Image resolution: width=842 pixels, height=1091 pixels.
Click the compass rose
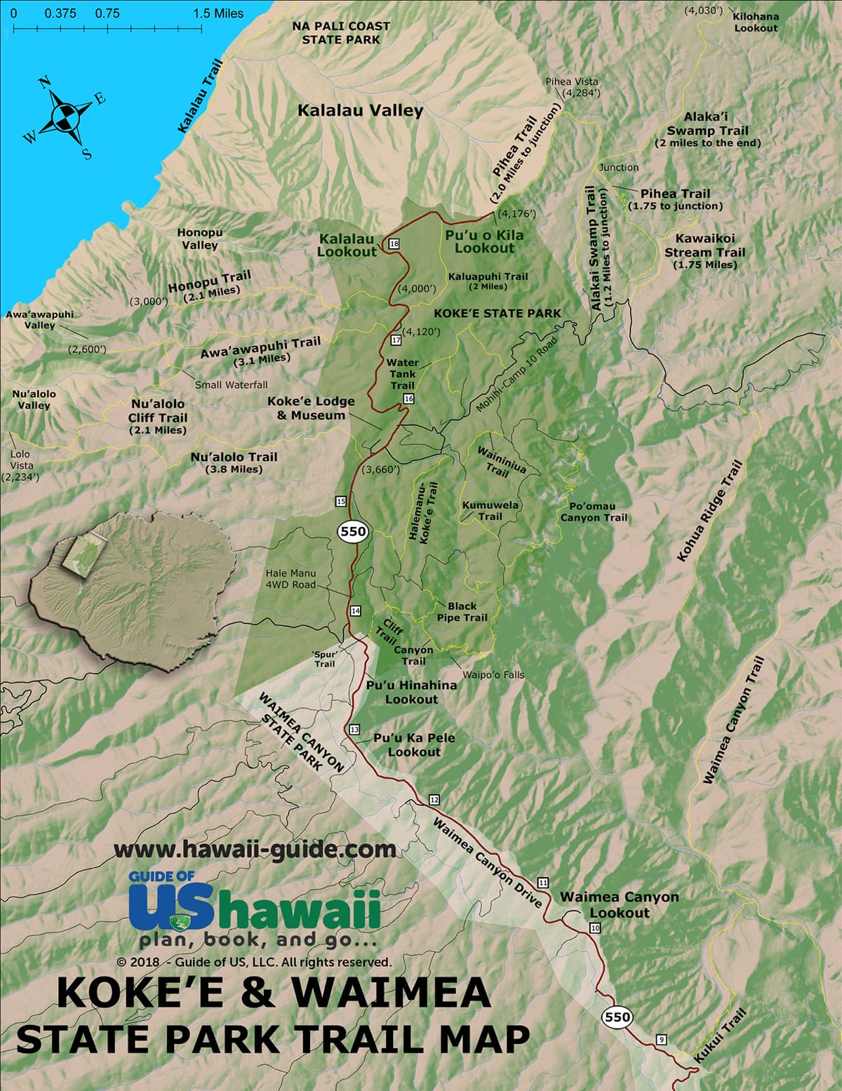coord(64,115)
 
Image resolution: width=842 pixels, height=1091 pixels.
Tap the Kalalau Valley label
coord(360,111)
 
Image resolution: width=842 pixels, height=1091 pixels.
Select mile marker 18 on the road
coord(394,243)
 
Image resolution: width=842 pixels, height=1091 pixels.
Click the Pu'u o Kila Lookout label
coord(484,241)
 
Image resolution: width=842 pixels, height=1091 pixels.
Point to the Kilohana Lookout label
coord(756,22)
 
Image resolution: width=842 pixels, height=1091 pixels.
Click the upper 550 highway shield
coord(352,531)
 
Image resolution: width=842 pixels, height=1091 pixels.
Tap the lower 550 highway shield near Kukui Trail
coord(617,1017)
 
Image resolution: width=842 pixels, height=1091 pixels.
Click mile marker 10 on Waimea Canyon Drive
coord(596,928)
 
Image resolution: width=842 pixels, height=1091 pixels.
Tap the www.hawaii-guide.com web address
coord(255,849)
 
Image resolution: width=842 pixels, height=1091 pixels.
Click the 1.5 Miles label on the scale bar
coord(218,13)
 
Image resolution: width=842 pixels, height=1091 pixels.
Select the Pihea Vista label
coord(572,86)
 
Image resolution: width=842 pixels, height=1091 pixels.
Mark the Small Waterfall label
coord(231,384)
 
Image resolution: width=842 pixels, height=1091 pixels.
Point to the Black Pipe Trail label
coord(462,611)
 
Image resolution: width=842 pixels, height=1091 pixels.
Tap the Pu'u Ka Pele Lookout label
coord(414,744)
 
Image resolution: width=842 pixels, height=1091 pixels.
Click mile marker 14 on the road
coord(356,611)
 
